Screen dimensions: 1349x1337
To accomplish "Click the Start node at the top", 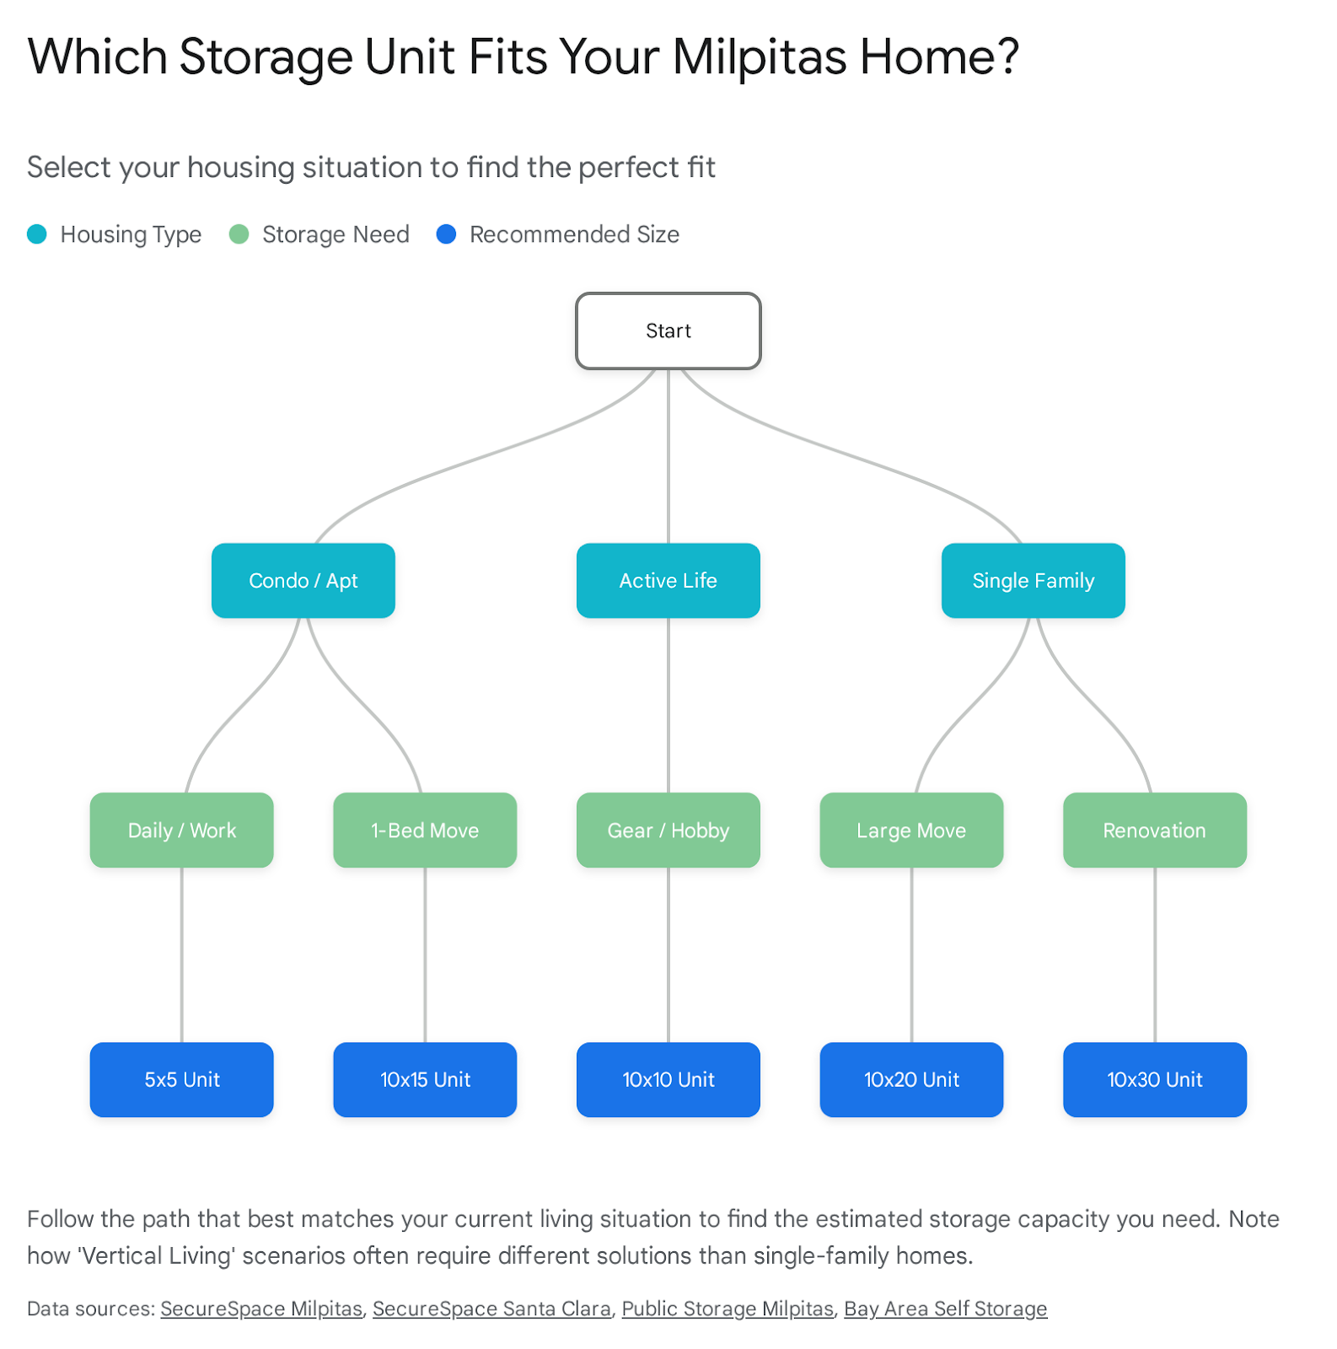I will click(668, 331).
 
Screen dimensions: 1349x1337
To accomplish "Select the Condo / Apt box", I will click(303, 580).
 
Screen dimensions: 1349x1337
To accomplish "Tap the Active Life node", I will click(668, 580).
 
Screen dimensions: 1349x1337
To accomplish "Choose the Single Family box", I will click(1033, 580).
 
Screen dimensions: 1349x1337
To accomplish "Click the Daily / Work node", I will click(181, 830).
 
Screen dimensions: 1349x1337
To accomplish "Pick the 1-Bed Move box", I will click(425, 830).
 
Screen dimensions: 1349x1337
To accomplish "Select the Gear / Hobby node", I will click(668, 830).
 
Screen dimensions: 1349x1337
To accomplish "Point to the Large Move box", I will click(911, 830).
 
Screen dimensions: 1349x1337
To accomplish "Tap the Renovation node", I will click(1154, 830).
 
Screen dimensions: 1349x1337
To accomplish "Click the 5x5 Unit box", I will click(181, 1079).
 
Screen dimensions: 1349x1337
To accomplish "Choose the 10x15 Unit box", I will click(425, 1079).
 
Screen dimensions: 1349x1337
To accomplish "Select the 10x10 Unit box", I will click(668, 1079).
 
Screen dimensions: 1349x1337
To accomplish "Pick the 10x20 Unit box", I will click(911, 1079).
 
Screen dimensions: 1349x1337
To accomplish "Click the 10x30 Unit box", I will click(1154, 1079).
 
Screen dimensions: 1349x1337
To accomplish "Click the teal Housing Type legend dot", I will click(37, 234).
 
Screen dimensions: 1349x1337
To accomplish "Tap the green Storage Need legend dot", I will click(239, 234).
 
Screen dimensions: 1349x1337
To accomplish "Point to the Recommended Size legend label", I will click(574, 234).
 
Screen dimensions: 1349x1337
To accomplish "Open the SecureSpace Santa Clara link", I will click(491, 1309).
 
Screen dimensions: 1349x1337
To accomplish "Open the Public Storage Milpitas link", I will click(728, 1309).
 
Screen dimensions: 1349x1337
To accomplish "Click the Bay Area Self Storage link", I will click(945, 1309).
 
